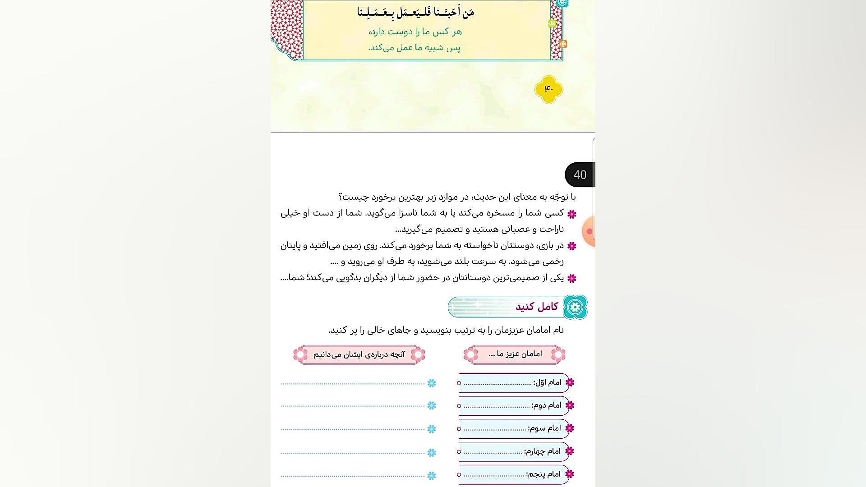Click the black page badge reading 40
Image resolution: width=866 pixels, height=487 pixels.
(x=580, y=175)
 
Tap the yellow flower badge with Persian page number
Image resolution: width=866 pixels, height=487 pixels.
(x=548, y=89)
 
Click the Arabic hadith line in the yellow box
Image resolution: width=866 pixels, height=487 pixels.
(x=415, y=12)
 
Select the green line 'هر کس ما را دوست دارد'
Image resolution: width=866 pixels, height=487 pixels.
(x=415, y=32)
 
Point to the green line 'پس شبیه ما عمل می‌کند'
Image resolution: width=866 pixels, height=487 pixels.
(x=414, y=47)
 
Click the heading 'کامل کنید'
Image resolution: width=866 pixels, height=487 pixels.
(x=536, y=307)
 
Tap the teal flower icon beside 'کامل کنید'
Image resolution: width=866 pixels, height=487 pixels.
(x=575, y=307)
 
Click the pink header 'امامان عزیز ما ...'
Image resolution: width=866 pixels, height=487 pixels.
(x=515, y=354)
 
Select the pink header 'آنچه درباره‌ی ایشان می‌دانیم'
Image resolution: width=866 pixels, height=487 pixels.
(x=359, y=354)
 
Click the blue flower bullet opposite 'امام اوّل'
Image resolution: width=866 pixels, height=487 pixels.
(x=432, y=383)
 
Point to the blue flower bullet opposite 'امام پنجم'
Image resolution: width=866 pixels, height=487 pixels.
(x=432, y=475)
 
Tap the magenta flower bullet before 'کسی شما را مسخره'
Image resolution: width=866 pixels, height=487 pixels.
(x=572, y=214)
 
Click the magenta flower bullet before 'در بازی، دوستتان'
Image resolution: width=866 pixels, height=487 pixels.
(x=572, y=246)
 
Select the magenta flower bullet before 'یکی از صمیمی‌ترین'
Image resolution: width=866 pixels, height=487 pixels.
(x=572, y=278)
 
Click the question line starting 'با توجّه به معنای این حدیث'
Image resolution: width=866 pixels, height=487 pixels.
(x=456, y=197)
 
